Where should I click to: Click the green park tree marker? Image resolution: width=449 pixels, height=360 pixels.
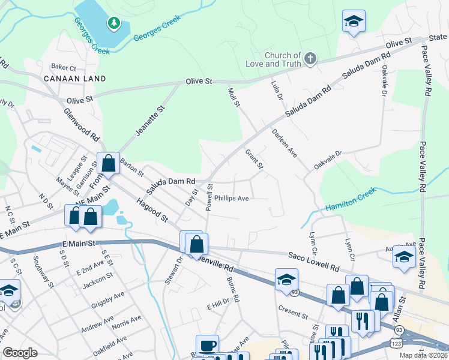point(113,23)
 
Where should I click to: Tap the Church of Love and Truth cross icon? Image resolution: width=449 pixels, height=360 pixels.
point(310,59)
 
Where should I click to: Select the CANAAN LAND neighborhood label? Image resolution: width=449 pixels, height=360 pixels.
point(74,79)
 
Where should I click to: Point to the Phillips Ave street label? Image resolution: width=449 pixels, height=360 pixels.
point(231,198)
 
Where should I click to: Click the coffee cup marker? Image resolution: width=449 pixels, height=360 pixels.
point(208,346)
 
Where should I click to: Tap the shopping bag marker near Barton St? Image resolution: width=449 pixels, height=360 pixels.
point(108,163)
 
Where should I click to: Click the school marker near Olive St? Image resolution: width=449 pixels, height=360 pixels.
point(354,22)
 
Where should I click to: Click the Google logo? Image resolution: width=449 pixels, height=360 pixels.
point(20,353)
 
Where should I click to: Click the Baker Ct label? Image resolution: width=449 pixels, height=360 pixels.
point(64,68)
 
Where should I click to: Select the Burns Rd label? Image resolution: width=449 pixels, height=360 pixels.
point(233,289)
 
